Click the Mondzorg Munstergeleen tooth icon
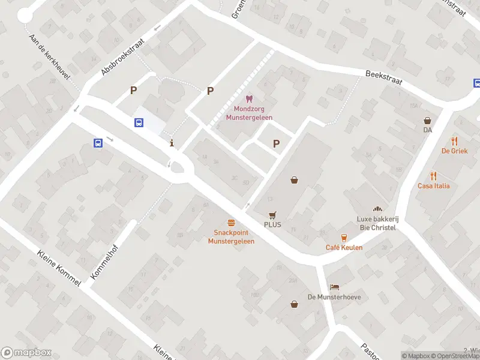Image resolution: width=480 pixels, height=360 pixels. point(248,99)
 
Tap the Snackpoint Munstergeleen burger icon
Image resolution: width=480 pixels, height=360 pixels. point(231,223)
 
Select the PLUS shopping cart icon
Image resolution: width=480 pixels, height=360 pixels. point(272,215)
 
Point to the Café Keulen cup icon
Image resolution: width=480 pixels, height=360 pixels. point(344,238)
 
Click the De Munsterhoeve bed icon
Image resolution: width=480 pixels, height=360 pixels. point(334,287)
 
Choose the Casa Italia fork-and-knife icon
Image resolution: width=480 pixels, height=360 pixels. point(434,176)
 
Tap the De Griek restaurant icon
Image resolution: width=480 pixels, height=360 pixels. point(454,141)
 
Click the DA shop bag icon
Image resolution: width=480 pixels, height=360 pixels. point(427,120)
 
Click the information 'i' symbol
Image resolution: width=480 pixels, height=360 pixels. point(173,143)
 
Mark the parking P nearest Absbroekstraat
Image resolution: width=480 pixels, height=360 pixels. point(134,91)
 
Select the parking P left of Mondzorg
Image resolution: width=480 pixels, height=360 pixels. point(210,91)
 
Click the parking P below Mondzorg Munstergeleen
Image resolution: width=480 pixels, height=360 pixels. point(276,143)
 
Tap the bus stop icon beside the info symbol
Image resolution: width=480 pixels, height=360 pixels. point(139,122)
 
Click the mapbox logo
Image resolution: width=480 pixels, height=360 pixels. point(26,353)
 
